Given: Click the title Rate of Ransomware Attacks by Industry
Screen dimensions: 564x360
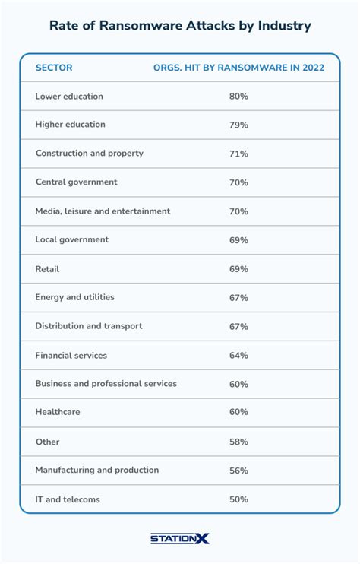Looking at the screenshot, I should click(180, 26).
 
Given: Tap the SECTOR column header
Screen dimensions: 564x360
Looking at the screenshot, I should click(54, 68).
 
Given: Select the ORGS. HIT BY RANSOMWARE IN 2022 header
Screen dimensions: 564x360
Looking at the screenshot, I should click(238, 68).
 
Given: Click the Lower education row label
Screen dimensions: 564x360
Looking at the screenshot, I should click(69, 97).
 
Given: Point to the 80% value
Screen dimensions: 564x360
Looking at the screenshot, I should click(238, 97).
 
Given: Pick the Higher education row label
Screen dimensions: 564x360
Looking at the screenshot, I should click(70, 125).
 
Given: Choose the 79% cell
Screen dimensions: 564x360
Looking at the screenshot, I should click(238, 125).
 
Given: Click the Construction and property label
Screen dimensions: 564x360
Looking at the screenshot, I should click(89, 154).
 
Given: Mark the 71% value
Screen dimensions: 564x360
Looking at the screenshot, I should click(238, 154).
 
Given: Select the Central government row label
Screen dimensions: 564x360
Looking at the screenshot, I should click(76, 182).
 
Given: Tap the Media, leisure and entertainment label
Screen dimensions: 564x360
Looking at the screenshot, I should click(103, 211).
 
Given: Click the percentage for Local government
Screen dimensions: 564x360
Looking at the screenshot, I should click(238, 240).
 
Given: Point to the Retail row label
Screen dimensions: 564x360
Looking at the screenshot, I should click(47, 269).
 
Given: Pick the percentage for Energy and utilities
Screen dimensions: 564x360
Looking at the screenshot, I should click(238, 298).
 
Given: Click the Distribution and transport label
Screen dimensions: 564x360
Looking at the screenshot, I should click(88, 326).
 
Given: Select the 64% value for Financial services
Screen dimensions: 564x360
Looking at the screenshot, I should click(238, 355).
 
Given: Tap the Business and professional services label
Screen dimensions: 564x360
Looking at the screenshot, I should click(106, 384).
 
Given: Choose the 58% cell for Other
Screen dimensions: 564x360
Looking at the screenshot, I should click(238, 442).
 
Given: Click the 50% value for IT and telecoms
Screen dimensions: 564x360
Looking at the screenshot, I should click(238, 499).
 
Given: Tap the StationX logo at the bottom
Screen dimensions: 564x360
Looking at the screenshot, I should click(180, 538).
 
